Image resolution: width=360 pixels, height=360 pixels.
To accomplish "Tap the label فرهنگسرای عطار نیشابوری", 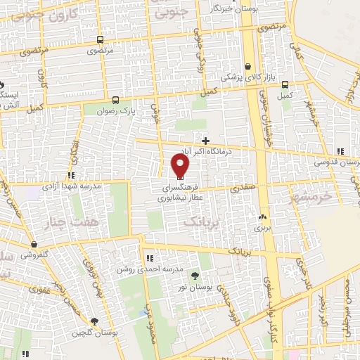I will [181, 193].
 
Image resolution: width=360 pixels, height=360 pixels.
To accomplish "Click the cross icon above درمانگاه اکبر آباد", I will [205, 141].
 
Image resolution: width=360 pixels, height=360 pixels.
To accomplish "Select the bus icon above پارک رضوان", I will [115, 99].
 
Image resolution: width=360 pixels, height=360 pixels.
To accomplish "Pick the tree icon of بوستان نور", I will [195, 274].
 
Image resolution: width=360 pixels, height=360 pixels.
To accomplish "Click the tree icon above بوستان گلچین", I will [96, 321].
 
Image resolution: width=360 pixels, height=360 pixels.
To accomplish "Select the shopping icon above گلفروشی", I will [34, 244].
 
